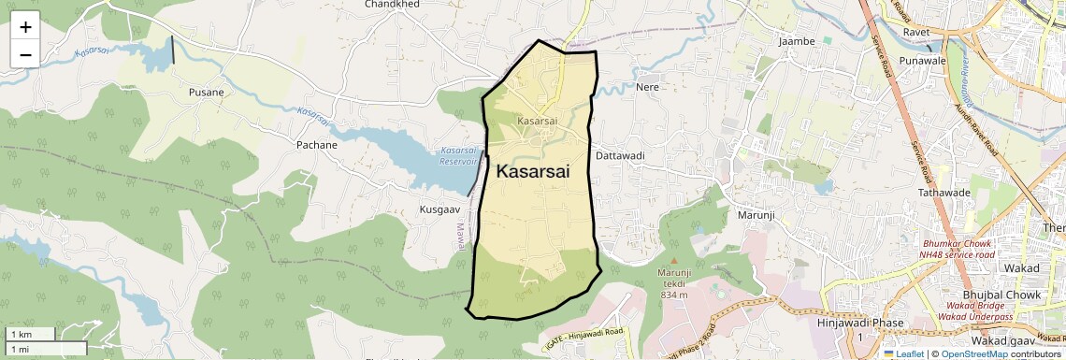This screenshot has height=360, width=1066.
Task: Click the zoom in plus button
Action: coord(25,27)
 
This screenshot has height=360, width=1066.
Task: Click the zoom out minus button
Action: coord(25,54)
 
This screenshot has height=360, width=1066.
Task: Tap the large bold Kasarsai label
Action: coord(532,172)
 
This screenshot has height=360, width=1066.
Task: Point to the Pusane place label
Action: coord(207,93)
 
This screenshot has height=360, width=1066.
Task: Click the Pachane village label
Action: coord(316,146)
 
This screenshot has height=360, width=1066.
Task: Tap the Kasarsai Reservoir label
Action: coord(458,155)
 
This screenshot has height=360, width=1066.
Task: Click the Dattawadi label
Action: coord(620,155)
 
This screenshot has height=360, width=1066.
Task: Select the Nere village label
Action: coord(647,87)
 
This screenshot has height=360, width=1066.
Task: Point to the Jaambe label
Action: coord(797,41)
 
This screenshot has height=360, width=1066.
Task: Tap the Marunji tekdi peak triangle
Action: coord(674,260)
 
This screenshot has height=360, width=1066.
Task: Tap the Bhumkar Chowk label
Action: coord(958,243)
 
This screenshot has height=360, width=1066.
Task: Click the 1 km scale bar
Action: coord(31,334)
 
